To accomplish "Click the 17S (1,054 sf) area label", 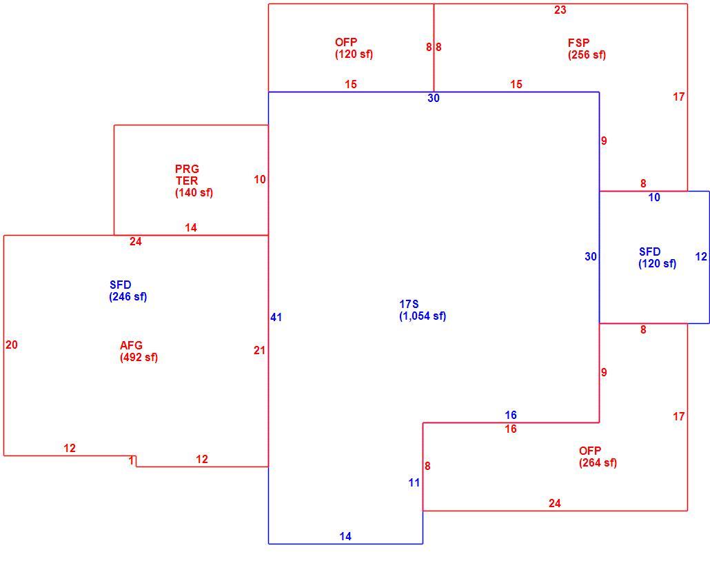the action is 423,310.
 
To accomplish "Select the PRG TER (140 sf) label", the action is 194,181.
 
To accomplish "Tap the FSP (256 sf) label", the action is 587,49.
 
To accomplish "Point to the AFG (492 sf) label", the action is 139,351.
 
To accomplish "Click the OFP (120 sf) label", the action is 354,48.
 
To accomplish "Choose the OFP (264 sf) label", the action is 598,457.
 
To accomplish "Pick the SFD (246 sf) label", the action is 128,291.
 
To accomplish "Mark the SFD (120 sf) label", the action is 658,258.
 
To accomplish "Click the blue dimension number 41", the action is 276,317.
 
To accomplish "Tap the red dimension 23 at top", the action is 560,10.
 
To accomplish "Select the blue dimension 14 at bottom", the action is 345,536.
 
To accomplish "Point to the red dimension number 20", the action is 12,345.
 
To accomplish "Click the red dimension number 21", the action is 259,350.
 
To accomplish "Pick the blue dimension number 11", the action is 414,483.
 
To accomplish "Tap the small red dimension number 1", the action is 131,461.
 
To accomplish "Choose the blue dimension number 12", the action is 701,256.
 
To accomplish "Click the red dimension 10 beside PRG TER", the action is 259,180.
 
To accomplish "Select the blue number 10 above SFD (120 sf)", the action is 654,197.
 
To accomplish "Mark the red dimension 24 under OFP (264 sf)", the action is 555,503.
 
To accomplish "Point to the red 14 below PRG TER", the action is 191,227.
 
